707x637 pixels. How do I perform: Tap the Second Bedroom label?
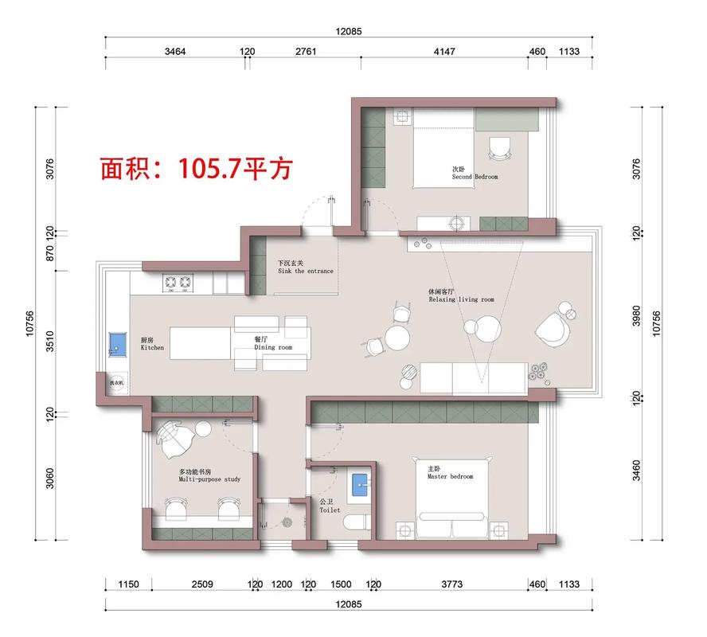(x=475, y=174)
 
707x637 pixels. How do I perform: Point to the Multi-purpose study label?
(x=209, y=476)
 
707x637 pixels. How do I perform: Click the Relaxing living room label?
(x=461, y=296)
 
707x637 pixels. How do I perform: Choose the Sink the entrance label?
(x=306, y=268)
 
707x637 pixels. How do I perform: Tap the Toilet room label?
(x=330, y=506)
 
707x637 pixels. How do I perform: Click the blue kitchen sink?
(x=117, y=344)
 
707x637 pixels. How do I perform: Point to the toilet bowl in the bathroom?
(x=356, y=522)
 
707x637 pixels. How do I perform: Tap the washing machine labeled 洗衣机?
(x=116, y=382)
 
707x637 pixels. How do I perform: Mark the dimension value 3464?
(x=175, y=52)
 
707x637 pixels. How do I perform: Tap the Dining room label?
(x=273, y=344)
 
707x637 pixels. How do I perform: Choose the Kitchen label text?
(x=152, y=345)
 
